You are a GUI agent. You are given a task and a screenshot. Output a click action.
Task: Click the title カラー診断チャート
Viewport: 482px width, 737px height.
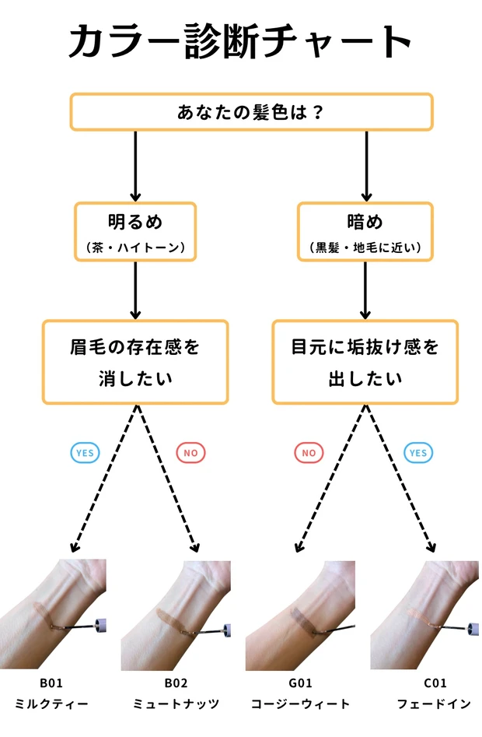point(240,40)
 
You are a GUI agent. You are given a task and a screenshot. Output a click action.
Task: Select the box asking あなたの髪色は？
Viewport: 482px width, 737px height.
point(251,111)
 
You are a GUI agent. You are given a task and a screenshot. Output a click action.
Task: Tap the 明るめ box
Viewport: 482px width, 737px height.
point(135,231)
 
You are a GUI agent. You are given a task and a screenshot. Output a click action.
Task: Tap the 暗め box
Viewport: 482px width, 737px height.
point(365,231)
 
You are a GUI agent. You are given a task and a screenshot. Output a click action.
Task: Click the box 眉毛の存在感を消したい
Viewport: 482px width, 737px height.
point(135,362)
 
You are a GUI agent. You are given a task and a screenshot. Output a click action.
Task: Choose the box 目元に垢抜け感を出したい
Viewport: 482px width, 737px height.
point(365,362)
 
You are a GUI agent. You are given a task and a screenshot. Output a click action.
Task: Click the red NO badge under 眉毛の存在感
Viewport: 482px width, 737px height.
point(190,452)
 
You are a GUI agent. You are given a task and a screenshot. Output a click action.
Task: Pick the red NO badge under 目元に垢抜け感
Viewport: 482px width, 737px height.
point(309,452)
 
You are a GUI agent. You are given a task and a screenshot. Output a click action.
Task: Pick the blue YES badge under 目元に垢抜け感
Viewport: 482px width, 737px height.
point(418,452)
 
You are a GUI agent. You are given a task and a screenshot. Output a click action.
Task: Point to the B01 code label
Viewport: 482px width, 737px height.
point(51,684)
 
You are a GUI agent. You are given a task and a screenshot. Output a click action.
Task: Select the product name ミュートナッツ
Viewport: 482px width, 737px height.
point(176,704)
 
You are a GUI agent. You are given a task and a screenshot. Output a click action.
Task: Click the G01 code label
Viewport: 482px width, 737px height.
point(300,684)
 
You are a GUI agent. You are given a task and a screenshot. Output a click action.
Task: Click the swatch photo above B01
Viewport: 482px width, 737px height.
point(53,614)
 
